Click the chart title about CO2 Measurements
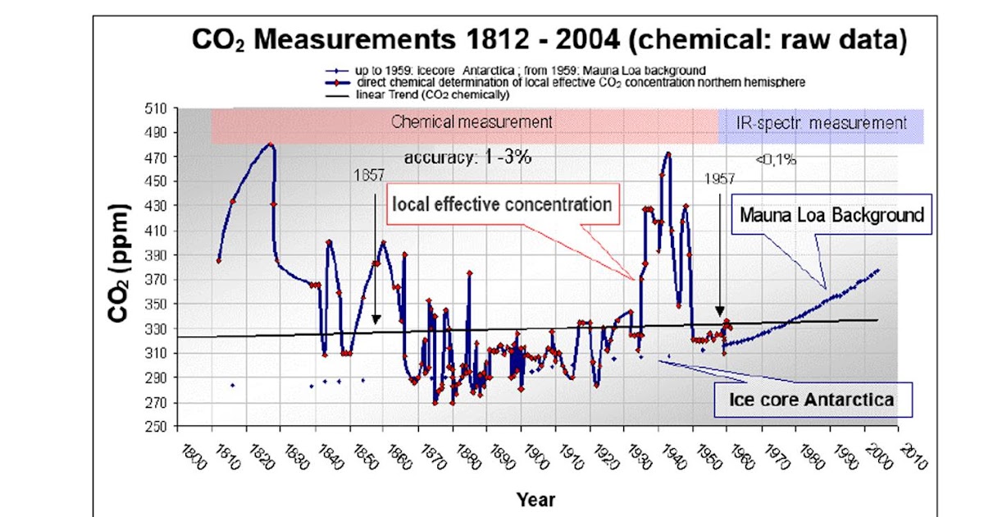point(549,39)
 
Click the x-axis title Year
point(535,499)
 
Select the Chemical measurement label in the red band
point(471,122)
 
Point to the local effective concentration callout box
point(502,204)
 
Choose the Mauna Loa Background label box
point(831,215)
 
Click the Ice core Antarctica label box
point(810,400)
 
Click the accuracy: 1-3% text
point(467,158)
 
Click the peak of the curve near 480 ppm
point(269,144)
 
